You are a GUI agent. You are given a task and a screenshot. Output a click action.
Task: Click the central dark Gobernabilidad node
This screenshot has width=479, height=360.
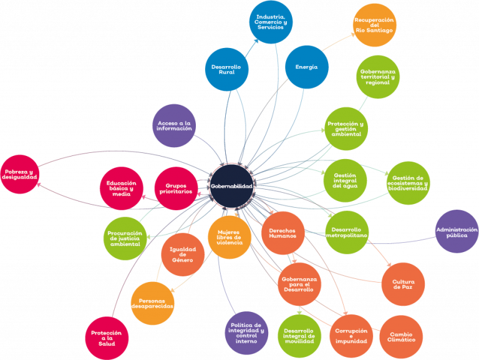click(x=232, y=186)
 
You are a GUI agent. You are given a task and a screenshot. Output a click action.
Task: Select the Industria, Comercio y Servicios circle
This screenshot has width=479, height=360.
click(x=271, y=22)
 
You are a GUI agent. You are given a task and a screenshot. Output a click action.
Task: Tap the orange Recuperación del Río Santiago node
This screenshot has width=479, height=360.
click(x=374, y=25)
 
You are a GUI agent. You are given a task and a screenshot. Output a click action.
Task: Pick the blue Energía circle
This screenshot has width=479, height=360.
click(x=307, y=67)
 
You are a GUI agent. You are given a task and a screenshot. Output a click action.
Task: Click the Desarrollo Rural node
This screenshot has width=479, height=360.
click(x=226, y=69)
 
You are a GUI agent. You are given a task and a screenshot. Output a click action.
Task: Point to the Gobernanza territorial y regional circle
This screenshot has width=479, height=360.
click(x=378, y=77)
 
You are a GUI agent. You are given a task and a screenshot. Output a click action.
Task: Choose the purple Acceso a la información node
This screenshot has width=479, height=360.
click(x=174, y=125)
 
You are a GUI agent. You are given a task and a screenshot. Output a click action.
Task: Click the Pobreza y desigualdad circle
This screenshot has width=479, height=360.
click(x=20, y=174)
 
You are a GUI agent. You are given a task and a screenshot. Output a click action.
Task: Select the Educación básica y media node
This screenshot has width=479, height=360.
click(x=122, y=188)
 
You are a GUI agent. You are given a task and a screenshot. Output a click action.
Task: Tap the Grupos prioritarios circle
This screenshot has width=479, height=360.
click(x=176, y=188)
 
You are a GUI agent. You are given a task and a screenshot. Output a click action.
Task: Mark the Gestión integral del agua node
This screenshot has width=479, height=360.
click(x=345, y=180)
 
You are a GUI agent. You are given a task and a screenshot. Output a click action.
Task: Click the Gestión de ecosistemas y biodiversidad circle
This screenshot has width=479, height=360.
click(x=408, y=183)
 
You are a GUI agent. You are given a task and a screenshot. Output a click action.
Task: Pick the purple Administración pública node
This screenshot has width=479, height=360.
click(x=457, y=231)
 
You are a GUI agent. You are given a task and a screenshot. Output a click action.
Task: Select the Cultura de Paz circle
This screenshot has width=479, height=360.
click(x=404, y=285)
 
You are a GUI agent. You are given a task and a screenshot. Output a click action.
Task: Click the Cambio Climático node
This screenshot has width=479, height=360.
click(x=401, y=337)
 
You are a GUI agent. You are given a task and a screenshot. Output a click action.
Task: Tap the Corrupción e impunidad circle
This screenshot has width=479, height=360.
click(x=351, y=336)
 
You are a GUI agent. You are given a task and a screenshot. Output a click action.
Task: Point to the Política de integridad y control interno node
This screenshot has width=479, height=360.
click(x=246, y=333)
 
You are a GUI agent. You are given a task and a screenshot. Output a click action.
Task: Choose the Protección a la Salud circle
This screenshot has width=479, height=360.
click(x=107, y=338)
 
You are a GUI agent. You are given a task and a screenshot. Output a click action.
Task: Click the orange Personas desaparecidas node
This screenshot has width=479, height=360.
click(x=152, y=303)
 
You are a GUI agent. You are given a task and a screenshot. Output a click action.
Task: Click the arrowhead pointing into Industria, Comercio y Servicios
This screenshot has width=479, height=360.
click(x=256, y=41)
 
